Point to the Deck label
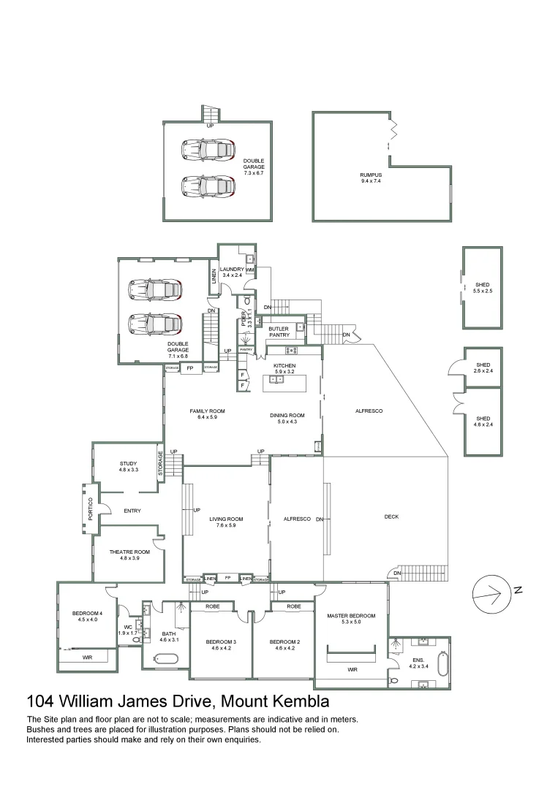[391, 517]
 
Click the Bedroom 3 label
[221, 644]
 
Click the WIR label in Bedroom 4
[87, 657]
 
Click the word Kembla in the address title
[299, 702]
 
